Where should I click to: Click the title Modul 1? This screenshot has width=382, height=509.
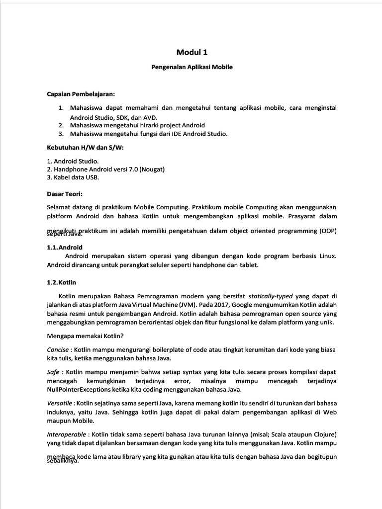[x=191, y=52]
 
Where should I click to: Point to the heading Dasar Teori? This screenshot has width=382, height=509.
[x=65, y=193]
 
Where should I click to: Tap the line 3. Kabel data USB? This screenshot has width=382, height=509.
[x=73, y=177]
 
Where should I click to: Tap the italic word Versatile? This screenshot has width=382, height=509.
[x=60, y=403]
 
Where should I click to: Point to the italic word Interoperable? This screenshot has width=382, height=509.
[x=66, y=434]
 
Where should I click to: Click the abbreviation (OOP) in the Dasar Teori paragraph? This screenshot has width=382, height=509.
[x=325, y=231]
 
